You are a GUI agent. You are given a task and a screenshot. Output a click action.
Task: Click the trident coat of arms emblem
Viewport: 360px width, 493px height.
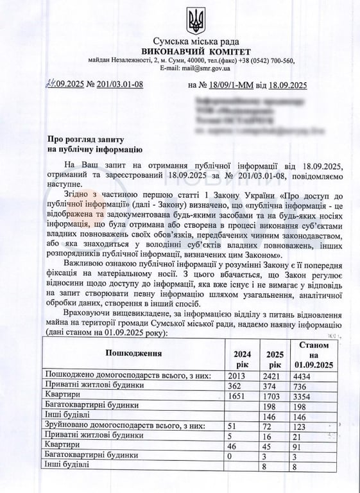coord(196,21)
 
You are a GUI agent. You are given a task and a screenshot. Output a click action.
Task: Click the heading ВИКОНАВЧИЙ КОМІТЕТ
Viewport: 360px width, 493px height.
coord(196,51)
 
